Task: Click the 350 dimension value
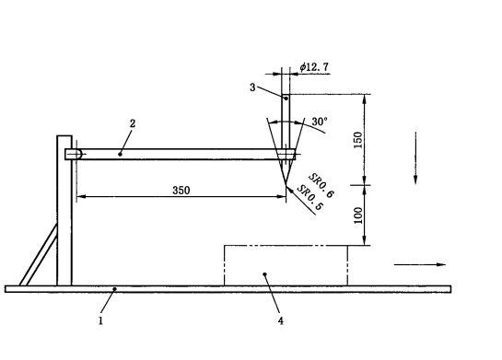click(181, 191)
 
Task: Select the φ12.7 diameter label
click(314, 67)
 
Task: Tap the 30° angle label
click(320, 122)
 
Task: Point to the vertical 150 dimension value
click(358, 140)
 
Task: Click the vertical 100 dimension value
click(358, 215)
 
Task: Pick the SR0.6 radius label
click(321, 186)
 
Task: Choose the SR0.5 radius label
click(309, 198)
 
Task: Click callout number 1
click(100, 320)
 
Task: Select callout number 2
click(133, 123)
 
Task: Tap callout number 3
click(252, 87)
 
